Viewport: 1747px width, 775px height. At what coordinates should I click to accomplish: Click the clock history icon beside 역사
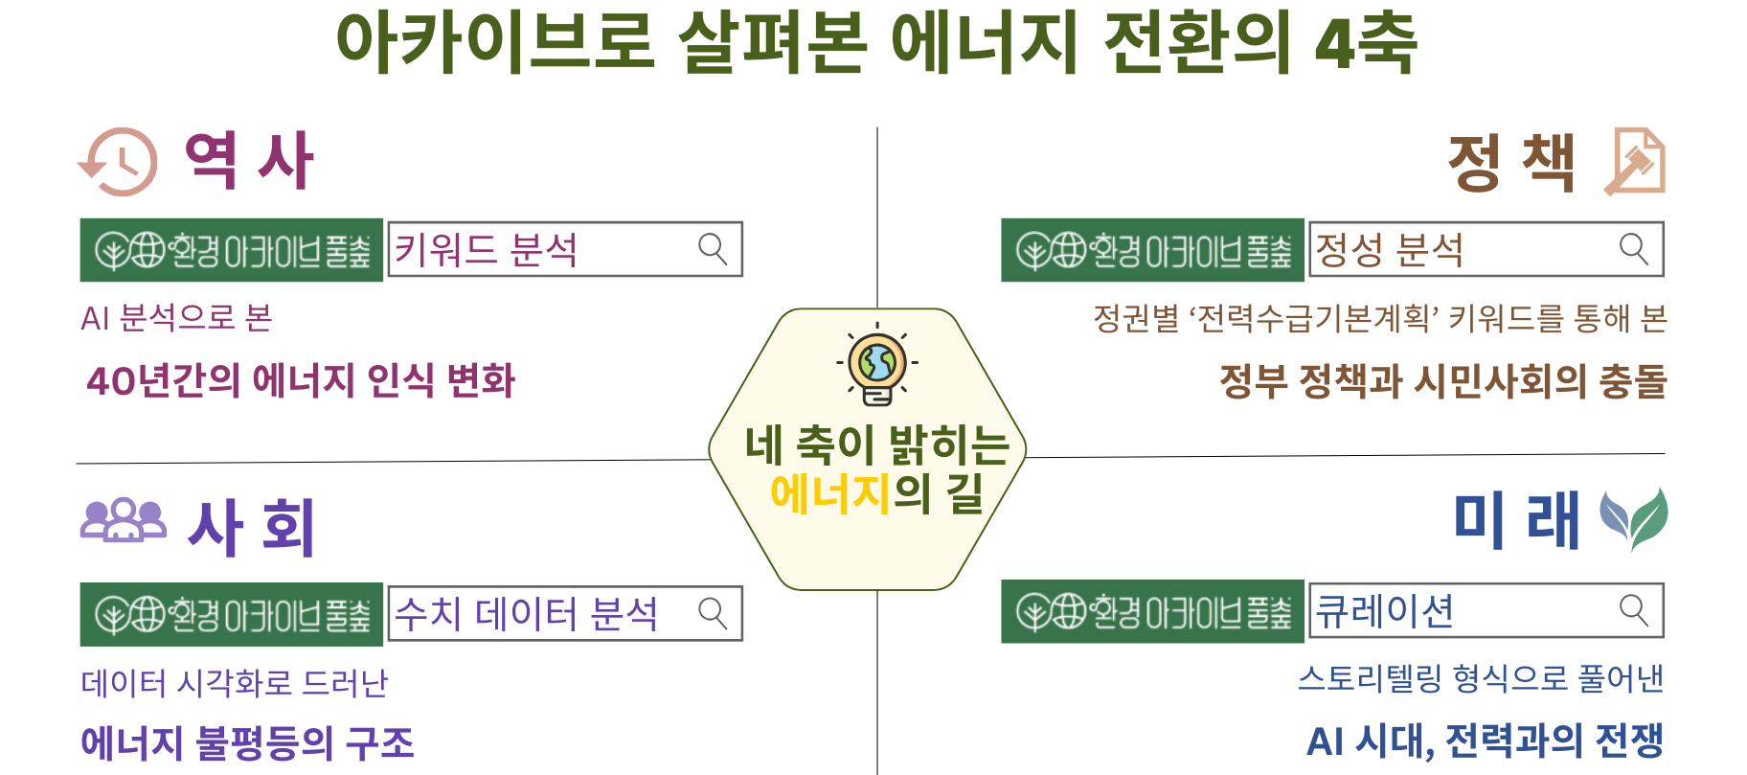pyautogui.click(x=118, y=161)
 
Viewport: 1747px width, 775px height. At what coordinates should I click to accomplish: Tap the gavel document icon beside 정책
pyautogui.click(x=1635, y=161)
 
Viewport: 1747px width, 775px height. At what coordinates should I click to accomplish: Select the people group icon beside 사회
pyautogui.click(x=123, y=520)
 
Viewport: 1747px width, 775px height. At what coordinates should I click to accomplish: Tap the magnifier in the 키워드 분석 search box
pyautogui.click(x=713, y=249)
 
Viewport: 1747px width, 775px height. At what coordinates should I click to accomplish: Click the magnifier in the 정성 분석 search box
pyautogui.click(x=1634, y=249)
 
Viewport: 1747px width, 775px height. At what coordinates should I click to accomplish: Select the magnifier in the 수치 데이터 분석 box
pyautogui.click(x=713, y=613)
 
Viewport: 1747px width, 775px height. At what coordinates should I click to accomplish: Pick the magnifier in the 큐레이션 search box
pyautogui.click(x=1634, y=610)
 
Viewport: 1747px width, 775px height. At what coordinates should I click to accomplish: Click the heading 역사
pyautogui.click(x=249, y=161)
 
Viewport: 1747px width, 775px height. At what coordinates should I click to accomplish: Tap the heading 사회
pyautogui.click(x=251, y=526)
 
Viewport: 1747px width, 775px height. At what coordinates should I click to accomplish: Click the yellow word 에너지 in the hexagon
pyautogui.click(x=830, y=493)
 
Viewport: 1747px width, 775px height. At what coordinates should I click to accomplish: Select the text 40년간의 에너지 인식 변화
pyautogui.click(x=301, y=380)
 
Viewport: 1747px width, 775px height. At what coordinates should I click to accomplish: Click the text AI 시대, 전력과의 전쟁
pyautogui.click(x=1486, y=741)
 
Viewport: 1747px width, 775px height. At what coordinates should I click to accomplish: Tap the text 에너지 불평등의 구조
pyautogui.click(x=248, y=743)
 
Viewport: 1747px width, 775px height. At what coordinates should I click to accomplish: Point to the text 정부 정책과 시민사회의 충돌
pyautogui.click(x=1442, y=380)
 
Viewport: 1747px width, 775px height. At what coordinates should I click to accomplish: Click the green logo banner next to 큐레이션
pyautogui.click(x=1152, y=611)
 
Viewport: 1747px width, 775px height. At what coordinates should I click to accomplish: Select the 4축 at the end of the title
pyautogui.click(x=1366, y=43)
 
